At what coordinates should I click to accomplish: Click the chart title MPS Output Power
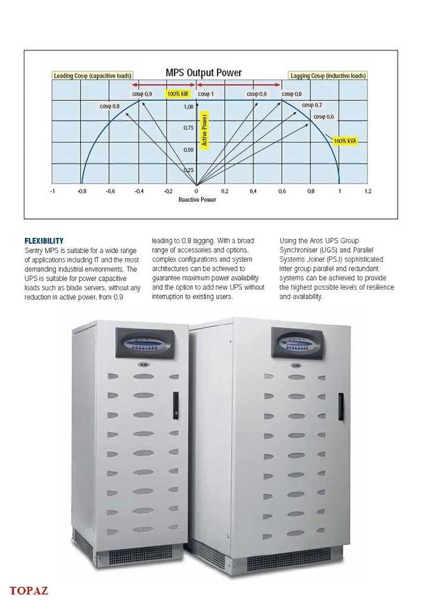point(204,73)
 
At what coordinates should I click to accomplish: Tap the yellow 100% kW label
point(177,94)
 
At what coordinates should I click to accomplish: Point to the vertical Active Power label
point(205,130)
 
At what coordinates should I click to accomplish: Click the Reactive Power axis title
point(197,200)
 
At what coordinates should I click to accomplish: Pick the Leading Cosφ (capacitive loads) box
point(92,76)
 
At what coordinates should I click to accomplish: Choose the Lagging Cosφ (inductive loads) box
point(328,76)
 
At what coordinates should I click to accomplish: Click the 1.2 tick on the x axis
point(368,191)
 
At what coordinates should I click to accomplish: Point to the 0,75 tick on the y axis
point(188,128)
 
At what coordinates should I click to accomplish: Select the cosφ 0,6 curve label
point(324,117)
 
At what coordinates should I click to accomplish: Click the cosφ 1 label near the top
point(206,94)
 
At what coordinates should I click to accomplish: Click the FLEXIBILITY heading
point(44,241)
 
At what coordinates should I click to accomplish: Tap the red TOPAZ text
point(28,591)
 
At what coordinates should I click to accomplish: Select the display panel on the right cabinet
point(298,342)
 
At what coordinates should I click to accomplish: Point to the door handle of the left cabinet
point(176,405)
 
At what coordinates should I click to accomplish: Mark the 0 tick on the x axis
point(196,191)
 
